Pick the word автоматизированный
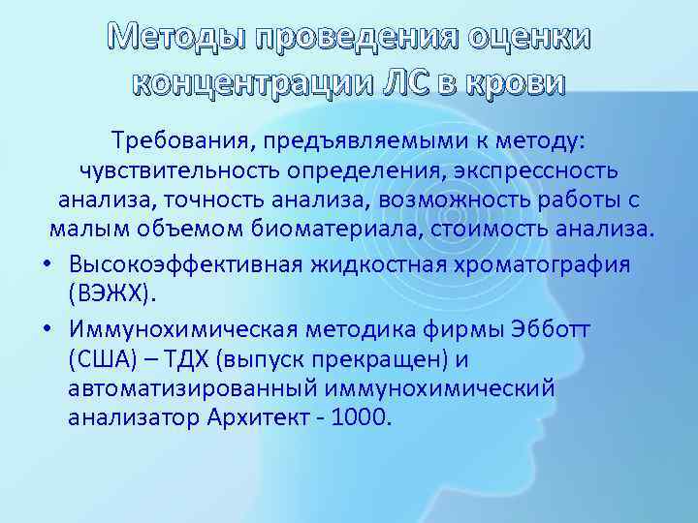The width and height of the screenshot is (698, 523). (x=190, y=388)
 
